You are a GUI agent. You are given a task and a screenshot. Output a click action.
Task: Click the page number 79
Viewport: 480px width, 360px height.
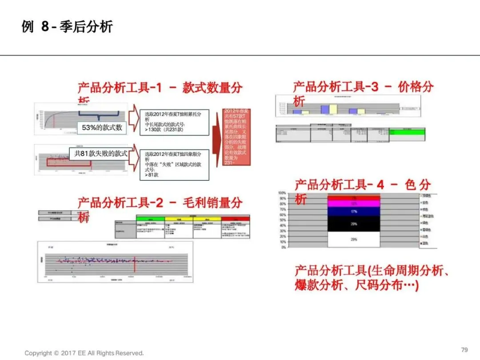click(x=464, y=350)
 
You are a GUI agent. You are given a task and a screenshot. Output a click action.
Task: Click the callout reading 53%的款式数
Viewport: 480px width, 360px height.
click(x=102, y=128)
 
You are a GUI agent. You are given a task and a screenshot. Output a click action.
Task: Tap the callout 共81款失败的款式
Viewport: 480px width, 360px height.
click(x=101, y=154)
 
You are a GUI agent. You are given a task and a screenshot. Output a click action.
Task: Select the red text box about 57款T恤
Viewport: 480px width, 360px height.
click(x=236, y=137)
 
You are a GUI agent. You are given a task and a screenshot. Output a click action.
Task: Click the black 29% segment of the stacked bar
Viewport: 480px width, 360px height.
click(x=354, y=224)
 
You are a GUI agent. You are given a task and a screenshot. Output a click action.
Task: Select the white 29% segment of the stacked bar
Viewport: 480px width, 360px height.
click(x=354, y=240)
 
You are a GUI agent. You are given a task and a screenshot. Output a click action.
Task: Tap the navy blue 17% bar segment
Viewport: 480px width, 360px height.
click(x=354, y=212)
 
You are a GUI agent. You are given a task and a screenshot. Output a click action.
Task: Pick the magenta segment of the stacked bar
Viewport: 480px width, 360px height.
click(x=354, y=204)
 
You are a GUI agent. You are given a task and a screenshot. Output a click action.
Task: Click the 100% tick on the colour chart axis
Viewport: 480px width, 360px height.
click(x=282, y=193)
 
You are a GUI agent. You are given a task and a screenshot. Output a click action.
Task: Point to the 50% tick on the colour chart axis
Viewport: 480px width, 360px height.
click(x=282, y=220)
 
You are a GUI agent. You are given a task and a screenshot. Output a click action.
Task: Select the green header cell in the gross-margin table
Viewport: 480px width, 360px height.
click(x=150, y=219)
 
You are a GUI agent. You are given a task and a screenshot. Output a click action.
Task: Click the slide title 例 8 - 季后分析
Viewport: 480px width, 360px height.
click(x=67, y=27)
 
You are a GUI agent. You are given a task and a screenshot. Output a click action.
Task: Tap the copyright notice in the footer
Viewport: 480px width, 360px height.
click(x=84, y=353)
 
